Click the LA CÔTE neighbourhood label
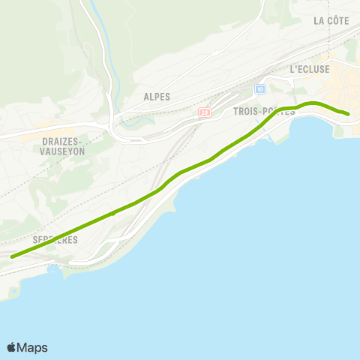coord(331,21)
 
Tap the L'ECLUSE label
coord(310,69)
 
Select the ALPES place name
coord(157,97)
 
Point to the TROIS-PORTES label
coord(264,111)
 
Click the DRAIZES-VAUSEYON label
coord(52,145)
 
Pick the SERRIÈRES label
coord(55,239)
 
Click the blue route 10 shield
coord(260,89)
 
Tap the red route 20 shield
coord(204,112)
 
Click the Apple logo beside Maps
coord(12,347)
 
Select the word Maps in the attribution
coord(33,347)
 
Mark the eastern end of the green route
coord(349,114)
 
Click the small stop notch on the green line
coord(112,214)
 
